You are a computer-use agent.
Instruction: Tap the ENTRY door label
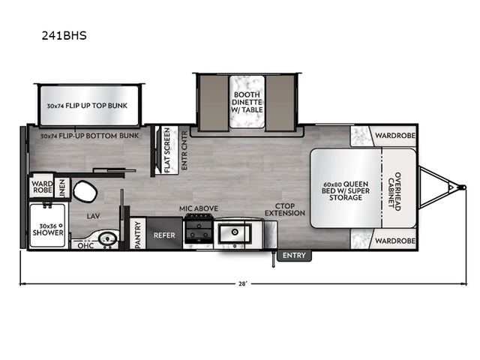pos(293,256)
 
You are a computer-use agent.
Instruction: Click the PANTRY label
pos(138,233)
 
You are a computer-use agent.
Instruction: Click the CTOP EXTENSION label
pos(289,208)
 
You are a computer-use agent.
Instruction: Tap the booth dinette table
pos(245,100)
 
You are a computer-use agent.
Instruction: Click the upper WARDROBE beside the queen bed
pos(396,137)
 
